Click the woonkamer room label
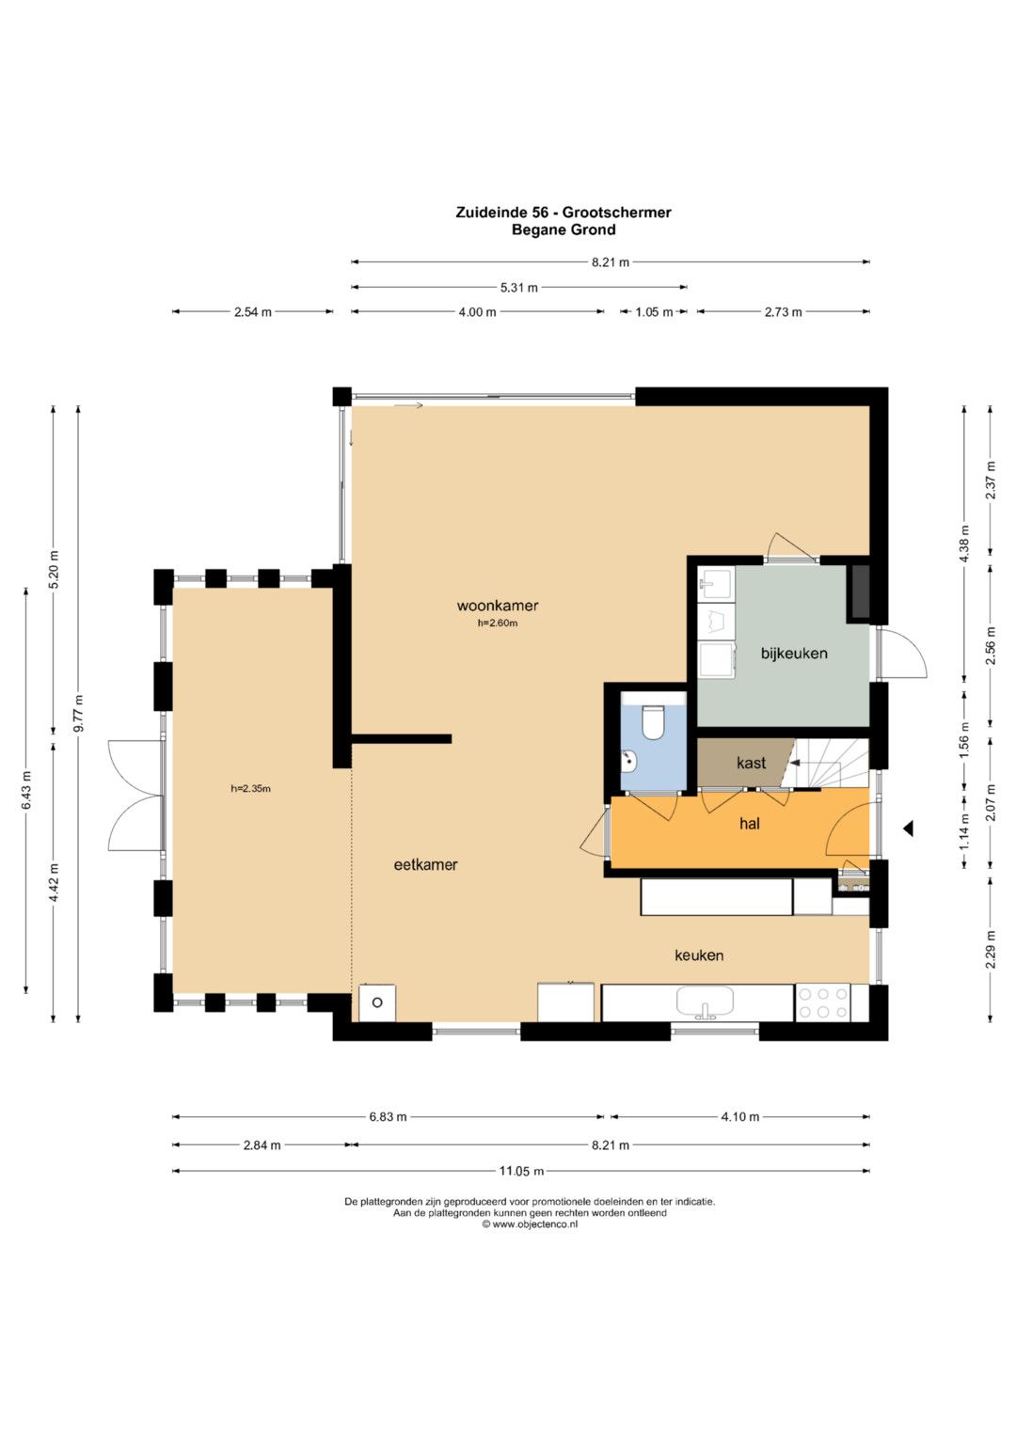pos(497,606)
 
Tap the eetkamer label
pos(425,865)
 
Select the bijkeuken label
pos(794,654)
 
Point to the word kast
pos(751,763)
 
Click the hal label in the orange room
pos(749,823)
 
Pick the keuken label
pos(699,955)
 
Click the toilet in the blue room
pos(652,722)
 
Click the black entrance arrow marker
pos(908,828)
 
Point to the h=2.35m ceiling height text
pos(251,788)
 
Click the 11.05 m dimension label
pos(521,1171)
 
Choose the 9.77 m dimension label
pos(78,713)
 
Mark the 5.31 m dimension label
pos(519,288)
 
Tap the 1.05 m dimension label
pos(654,312)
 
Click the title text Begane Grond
pos(564,229)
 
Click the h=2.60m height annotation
pos(497,623)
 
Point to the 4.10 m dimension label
pos(739,1117)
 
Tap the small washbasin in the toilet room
pos(629,762)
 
